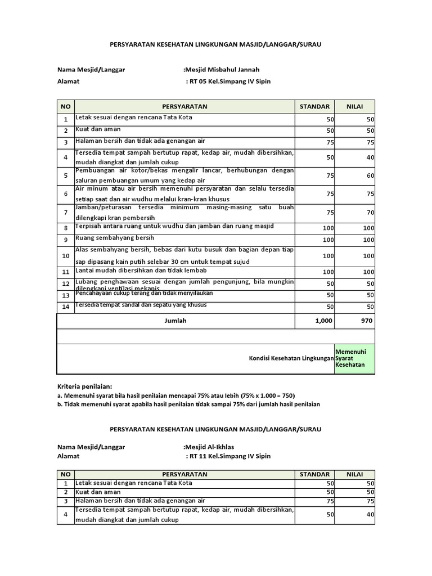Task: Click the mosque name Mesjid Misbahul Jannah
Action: [223, 70]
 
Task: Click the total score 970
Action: [366, 321]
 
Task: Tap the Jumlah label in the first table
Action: [175, 321]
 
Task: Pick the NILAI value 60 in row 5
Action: [368, 176]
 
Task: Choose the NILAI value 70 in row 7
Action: [368, 213]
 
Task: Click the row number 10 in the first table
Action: [65, 256]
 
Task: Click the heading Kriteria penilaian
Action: [85, 386]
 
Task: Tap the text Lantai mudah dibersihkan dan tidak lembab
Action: [138, 271]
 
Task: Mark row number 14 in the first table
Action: [65, 307]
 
